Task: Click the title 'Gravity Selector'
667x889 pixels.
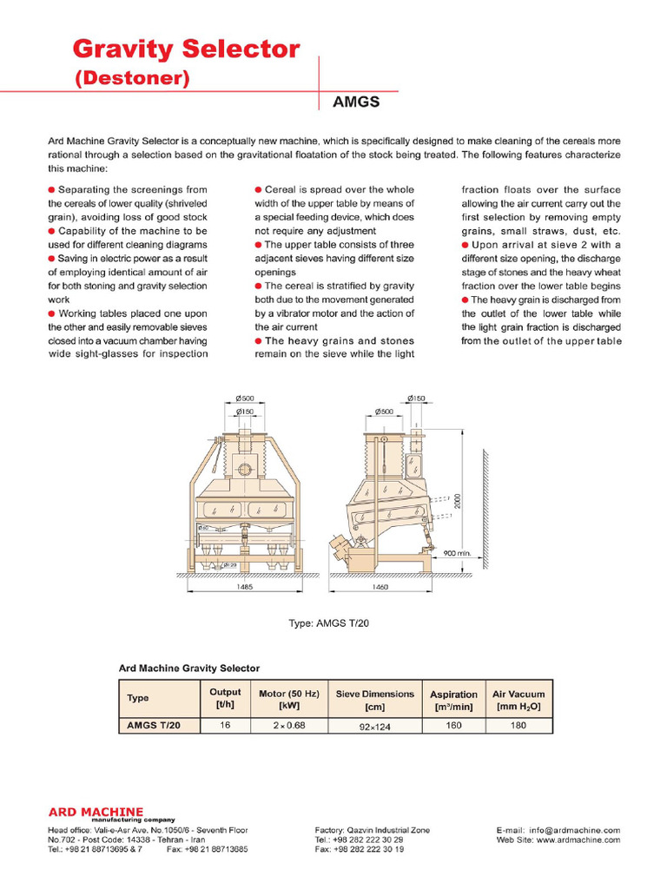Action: point(186,49)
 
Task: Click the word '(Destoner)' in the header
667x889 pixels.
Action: point(132,79)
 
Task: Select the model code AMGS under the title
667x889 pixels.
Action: point(356,102)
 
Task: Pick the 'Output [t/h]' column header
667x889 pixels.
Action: point(226,699)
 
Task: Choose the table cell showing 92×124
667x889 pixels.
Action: point(375,726)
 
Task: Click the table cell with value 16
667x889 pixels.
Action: point(226,725)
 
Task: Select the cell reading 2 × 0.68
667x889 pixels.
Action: point(289,725)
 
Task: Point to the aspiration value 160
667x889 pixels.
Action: point(453,725)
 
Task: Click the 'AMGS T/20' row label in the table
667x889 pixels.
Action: point(153,725)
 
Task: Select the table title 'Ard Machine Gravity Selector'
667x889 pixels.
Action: point(188,668)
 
